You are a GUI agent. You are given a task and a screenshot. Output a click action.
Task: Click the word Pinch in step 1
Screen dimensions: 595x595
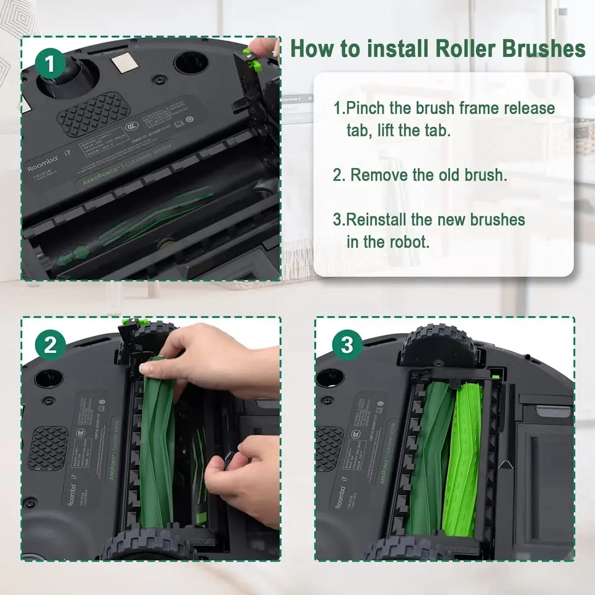pyautogui.click(x=366, y=108)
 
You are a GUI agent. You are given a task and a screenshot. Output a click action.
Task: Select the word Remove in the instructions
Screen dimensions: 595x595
pyautogui.click(x=379, y=174)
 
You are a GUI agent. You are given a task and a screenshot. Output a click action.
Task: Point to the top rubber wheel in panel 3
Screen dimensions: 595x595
pyautogui.click(x=440, y=347)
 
